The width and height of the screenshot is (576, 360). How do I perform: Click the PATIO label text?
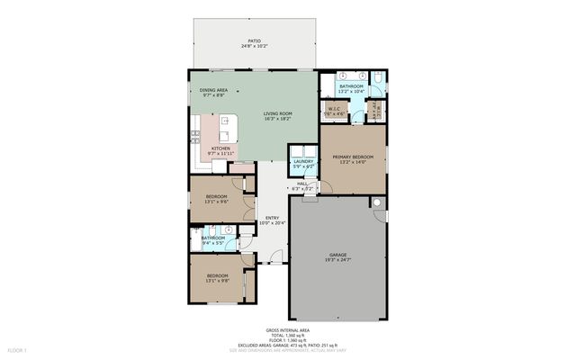pyautogui.click(x=255, y=40)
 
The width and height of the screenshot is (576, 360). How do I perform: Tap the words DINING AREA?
pyautogui.click(x=213, y=90)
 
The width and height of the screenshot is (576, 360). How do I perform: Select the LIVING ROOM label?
pyautogui.click(x=277, y=113)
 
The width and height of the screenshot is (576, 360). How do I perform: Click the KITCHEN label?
pyautogui.click(x=220, y=148)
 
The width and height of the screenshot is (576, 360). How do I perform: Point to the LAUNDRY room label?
pyautogui.click(x=303, y=161)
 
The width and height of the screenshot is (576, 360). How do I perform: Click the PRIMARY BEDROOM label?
pyautogui.click(x=352, y=157)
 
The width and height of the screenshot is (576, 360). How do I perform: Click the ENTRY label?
pyautogui.click(x=271, y=217)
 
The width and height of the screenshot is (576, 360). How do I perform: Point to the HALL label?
pyautogui.click(x=303, y=184)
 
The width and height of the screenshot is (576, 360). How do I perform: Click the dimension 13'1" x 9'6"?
pyautogui.click(x=217, y=201)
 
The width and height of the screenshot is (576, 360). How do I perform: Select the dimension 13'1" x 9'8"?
pyautogui.click(x=217, y=280)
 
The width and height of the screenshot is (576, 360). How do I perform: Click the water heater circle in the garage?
pyautogui.click(x=378, y=203)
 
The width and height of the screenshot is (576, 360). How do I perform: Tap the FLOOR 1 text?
pyautogui.click(x=18, y=348)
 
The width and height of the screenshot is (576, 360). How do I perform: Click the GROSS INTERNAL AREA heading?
pyautogui.click(x=287, y=330)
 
